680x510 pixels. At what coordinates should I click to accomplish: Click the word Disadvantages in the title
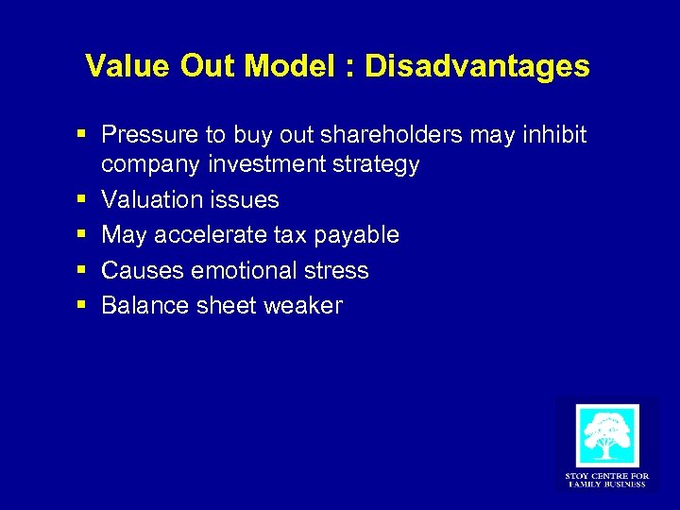click(x=477, y=66)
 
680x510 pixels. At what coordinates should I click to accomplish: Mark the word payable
click(x=361, y=234)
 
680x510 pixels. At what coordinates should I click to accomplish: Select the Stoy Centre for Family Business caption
click(x=606, y=480)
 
